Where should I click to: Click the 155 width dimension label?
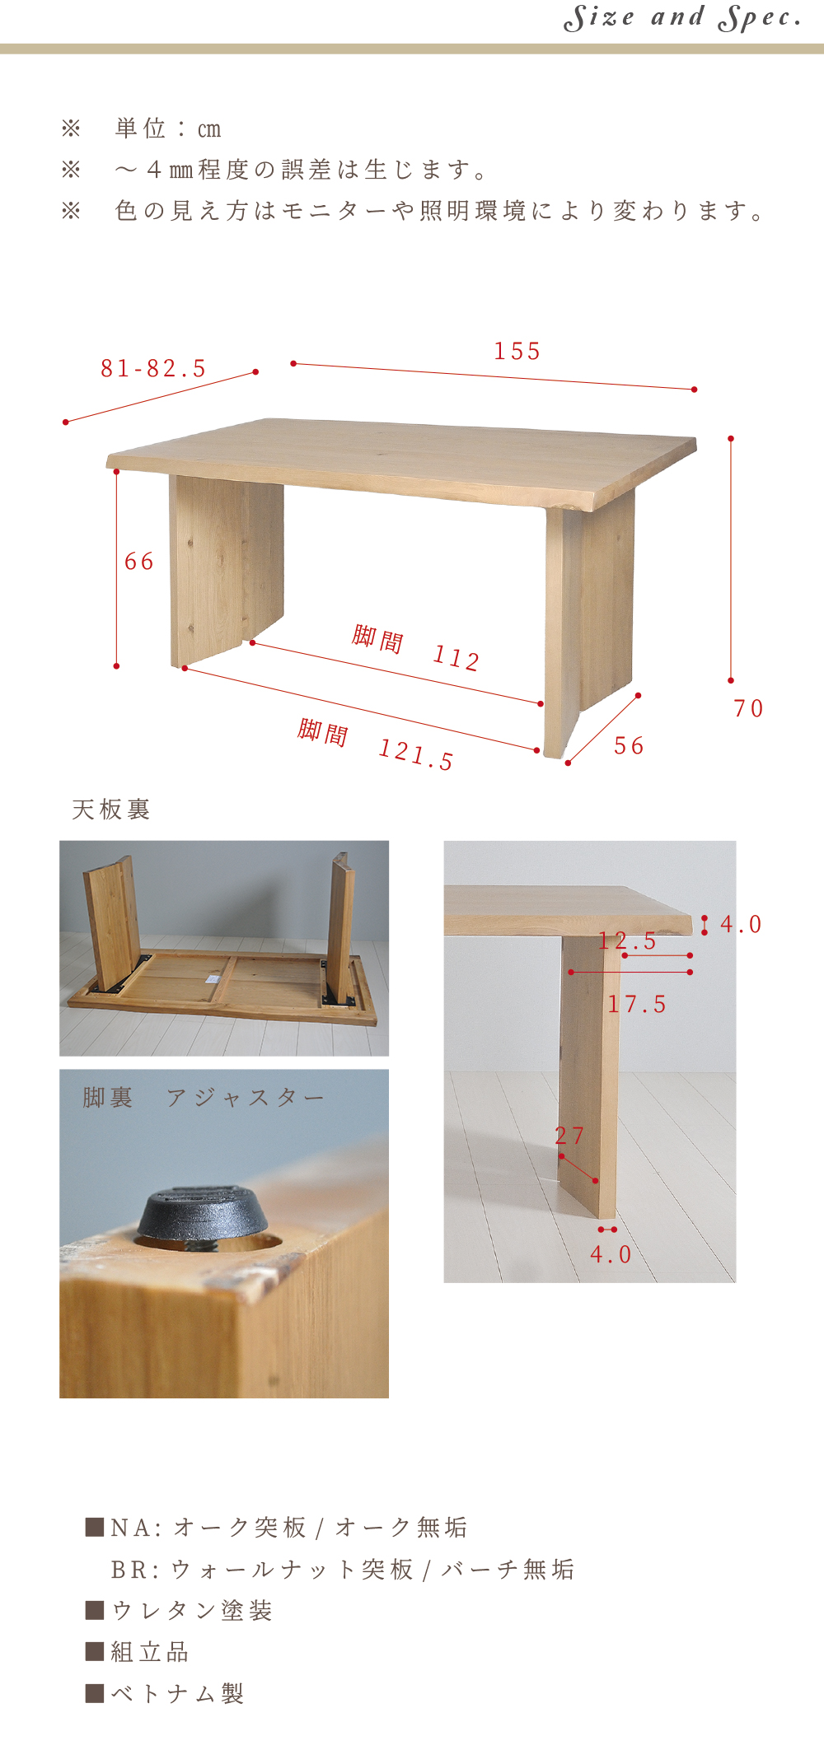[517, 352]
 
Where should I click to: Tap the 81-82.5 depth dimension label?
[153, 368]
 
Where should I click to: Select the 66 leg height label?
[139, 562]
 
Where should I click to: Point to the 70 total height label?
[748, 708]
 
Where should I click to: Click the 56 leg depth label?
[629, 746]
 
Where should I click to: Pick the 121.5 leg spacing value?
[416, 754]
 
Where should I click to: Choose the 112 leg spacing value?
[456, 657]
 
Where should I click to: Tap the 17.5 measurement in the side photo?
[637, 1004]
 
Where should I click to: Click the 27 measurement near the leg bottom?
[569, 1136]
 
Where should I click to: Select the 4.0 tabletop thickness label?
[741, 924]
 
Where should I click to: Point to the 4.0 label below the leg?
[611, 1254]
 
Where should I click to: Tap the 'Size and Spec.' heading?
[682, 17]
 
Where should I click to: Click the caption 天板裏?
[110, 810]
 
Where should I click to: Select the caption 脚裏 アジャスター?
[204, 1098]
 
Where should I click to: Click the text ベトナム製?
[177, 1693]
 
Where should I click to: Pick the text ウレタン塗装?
[191, 1610]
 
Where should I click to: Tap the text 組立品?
[150, 1651]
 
